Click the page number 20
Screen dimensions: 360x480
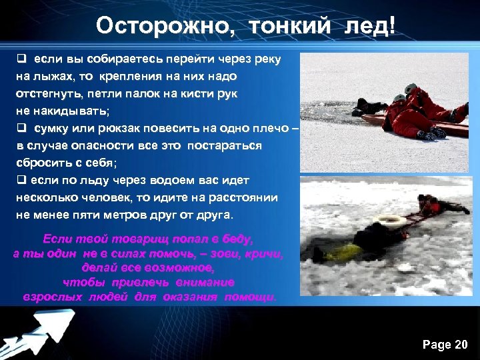461,344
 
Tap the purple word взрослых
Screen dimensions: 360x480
55,295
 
